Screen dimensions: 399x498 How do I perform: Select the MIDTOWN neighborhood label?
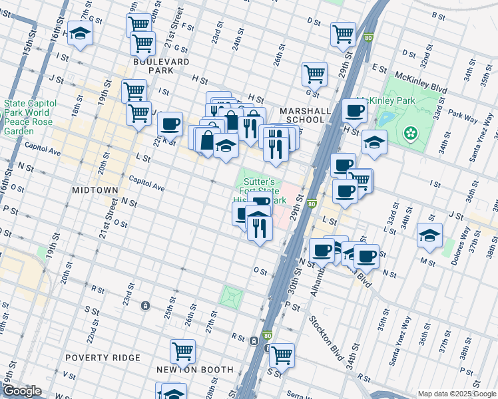[x=95, y=190]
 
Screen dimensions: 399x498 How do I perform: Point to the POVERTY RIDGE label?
[x=103, y=357]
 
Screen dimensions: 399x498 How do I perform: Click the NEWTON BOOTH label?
[x=194, y=370]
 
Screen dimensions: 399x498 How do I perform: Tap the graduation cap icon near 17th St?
[x=81, y=34]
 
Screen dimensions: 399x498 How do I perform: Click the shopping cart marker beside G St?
[x=314, y=74]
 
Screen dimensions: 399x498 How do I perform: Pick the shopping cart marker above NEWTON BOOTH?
[x=182, y=351]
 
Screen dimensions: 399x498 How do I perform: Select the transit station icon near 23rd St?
[x=144, y=306]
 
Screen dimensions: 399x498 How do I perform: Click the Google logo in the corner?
[x=23, y=391]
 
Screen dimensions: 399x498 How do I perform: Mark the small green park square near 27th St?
[x=232, y=297]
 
